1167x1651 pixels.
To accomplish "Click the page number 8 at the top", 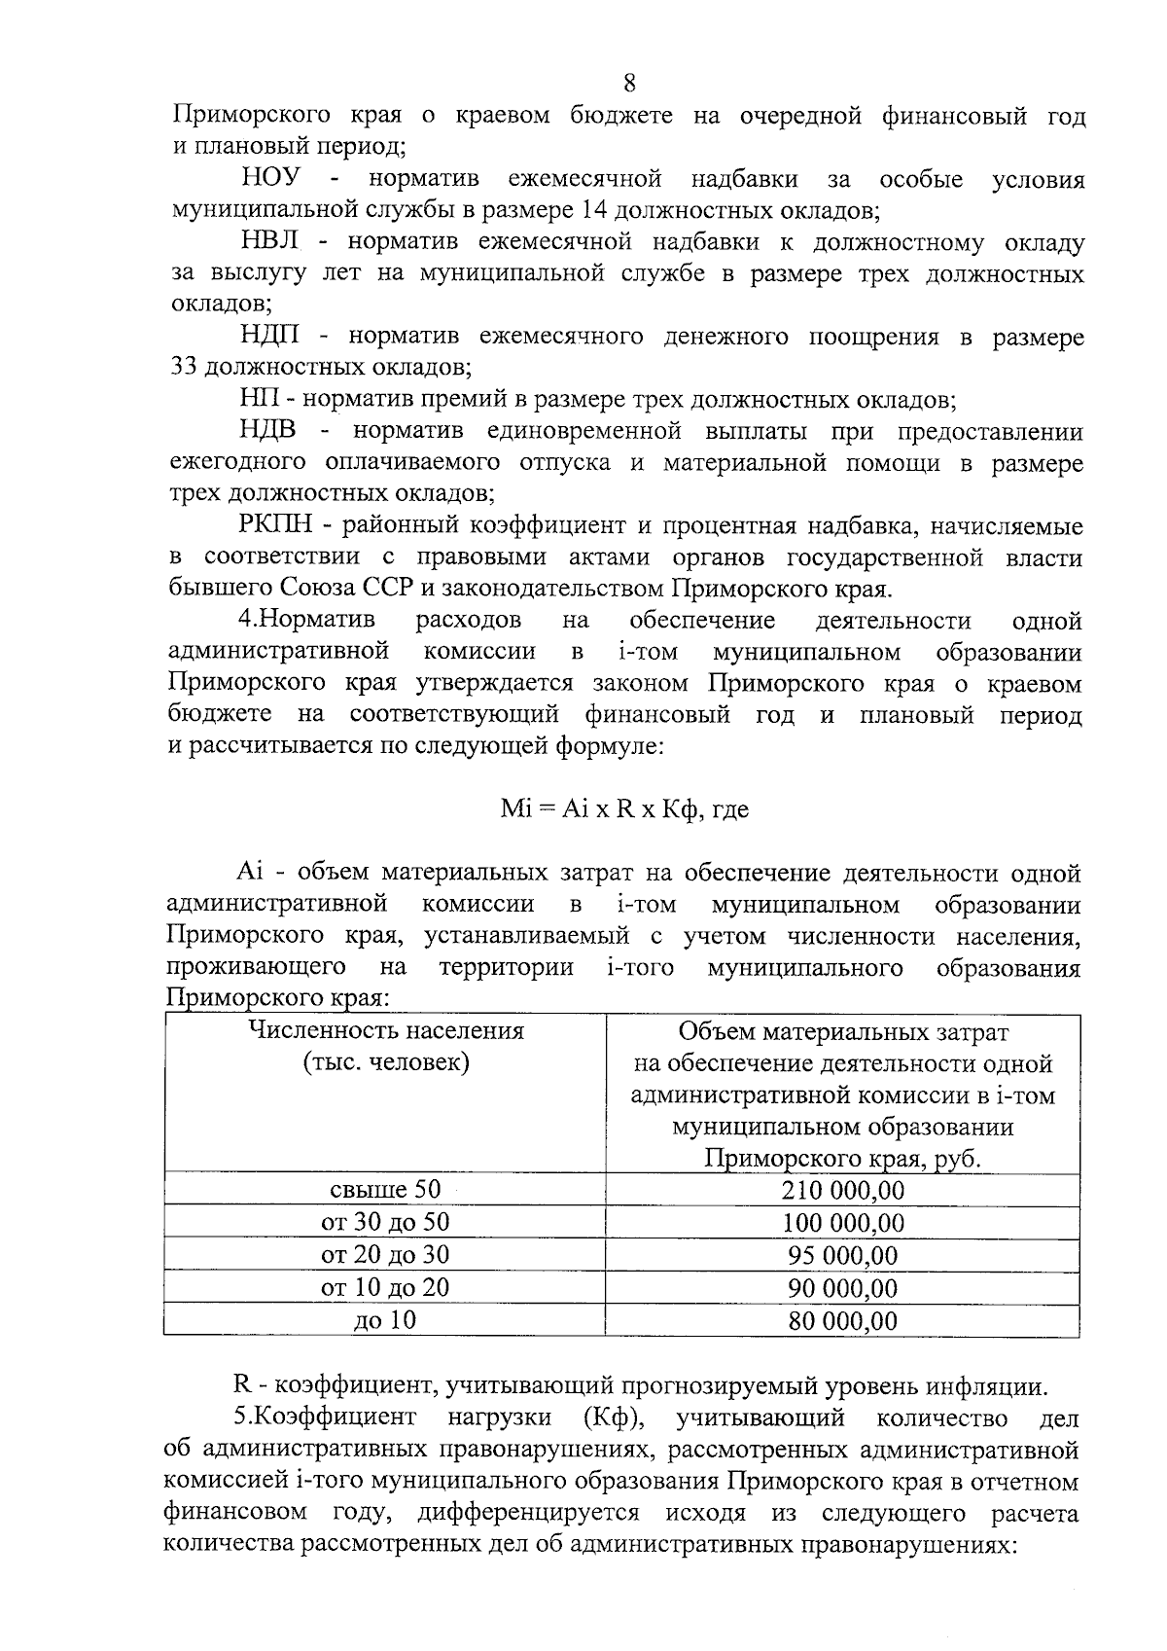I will coord(629,83).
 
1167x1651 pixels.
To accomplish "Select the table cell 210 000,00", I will coord(842,1190).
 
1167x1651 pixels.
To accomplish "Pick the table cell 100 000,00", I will coord(842,1223).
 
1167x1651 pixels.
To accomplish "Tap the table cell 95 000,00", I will coord(842,1255).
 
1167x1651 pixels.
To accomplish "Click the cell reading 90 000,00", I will coord(842,1288).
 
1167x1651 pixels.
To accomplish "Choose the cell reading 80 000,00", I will coord(842,1321).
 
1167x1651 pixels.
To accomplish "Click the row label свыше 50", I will coord(385,1189).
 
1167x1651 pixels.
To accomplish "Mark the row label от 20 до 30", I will coord(385,1255).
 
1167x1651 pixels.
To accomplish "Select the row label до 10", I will coord(385,1321).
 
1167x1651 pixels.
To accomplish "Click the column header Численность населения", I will coord(386,1031).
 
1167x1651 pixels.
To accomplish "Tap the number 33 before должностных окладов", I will coord(184,369).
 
